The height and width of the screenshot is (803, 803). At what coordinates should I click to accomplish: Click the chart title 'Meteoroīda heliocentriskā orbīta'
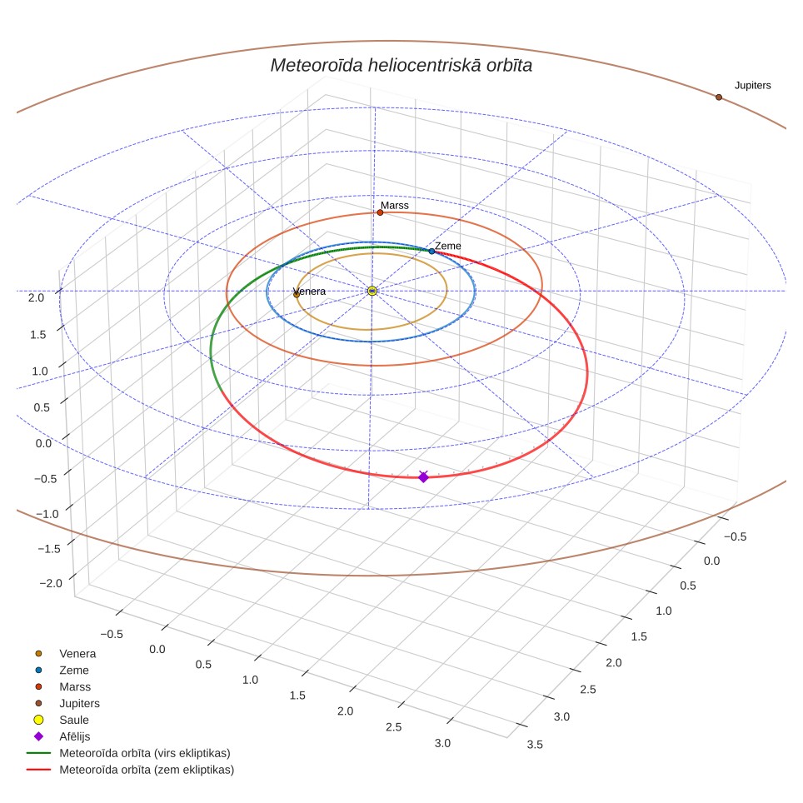401,66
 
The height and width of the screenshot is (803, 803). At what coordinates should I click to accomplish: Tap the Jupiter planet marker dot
719,97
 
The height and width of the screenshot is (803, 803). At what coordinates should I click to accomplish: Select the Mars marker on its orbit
380,212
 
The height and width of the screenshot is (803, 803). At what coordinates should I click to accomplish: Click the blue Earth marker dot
431,252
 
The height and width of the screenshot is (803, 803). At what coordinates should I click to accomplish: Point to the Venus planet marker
297,295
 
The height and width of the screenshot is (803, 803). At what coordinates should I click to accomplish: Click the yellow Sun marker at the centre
372,291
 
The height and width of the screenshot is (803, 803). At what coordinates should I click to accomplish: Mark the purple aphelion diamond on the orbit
423,477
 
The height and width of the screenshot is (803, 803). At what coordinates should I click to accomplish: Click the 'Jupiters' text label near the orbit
753,86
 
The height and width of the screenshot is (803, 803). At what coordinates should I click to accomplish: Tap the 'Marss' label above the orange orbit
395,206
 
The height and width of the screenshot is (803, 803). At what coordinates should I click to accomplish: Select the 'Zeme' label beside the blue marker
448,246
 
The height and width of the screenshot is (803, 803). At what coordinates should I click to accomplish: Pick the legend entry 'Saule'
74,720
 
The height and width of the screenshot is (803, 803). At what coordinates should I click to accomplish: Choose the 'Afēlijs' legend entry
75,736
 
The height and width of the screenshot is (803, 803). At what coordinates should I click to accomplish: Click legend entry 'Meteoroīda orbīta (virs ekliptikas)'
145,753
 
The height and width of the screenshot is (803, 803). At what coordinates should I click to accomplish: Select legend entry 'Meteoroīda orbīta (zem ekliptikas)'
147,770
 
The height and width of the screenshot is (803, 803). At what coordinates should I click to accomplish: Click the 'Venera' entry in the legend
77,653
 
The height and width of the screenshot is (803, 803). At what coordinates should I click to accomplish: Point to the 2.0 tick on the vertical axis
37,297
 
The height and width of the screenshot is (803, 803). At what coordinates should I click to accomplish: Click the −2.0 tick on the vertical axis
51,583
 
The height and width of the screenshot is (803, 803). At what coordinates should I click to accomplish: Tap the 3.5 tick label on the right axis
535,745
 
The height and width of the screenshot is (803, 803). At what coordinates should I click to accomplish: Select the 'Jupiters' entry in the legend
79,704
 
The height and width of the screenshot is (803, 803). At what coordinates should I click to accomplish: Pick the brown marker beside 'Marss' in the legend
38,686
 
